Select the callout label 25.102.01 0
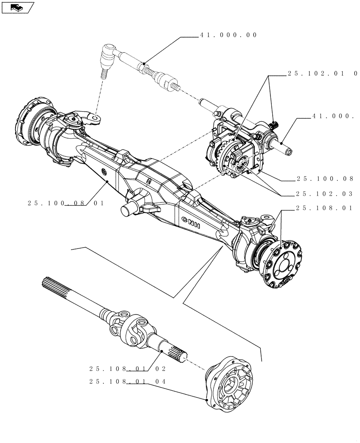pyautogui.click(x=322, y=74)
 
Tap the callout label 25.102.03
pyautogui.click(x=325, y=194)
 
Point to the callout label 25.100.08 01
pyautogui.click(x=65, y=203)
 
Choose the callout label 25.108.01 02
pyautogui.click(x=127, y=368)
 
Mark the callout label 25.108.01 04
pyautogui.click(x=127, y=381)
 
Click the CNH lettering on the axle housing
pyautogui.click(x=191, y=221)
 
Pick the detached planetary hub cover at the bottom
pyautogui.click(x=231, y=381)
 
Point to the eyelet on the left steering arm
pyautogui.click(x=94, y=118)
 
